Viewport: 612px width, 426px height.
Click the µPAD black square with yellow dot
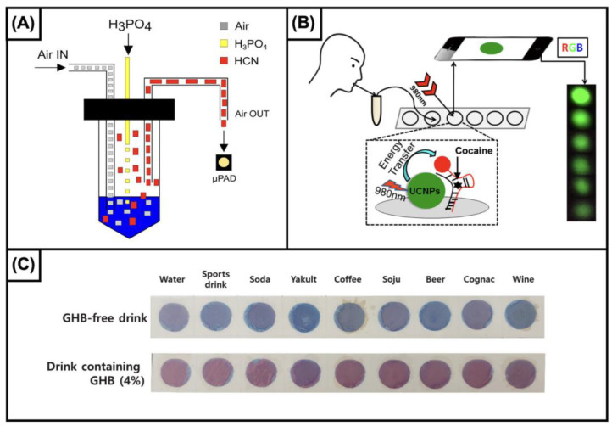222,161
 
